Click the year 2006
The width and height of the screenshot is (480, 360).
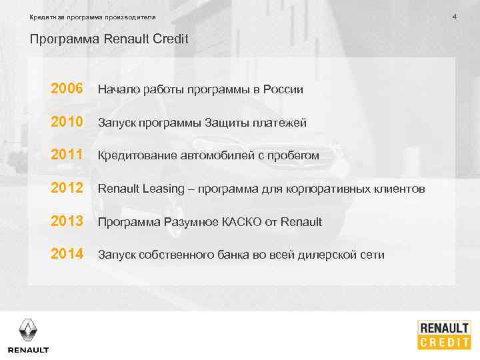click(67, 89)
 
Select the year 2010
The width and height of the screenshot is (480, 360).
click(67, 122)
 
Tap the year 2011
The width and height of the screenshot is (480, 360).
click(67, 155)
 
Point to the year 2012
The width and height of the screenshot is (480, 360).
click(67, 189)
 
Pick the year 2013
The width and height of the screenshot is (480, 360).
click(67, 221)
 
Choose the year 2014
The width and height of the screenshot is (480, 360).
click(67, 254)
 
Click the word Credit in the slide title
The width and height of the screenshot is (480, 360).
click(170, 39)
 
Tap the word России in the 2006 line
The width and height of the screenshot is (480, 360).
click(283, 89)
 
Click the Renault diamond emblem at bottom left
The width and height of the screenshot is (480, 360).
click(28, 329)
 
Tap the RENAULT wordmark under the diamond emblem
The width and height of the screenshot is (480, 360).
click(28, 350)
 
